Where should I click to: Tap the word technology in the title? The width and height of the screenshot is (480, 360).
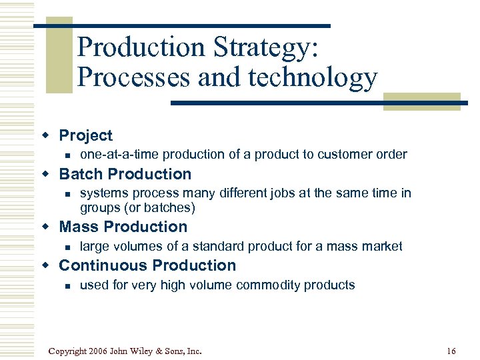click(x=313, y=78)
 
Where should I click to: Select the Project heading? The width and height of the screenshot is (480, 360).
click(x=85, y=135)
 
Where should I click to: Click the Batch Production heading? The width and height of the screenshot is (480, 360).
click(x=125, y=174)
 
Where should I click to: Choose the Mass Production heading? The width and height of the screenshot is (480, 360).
click(x=123, y=227)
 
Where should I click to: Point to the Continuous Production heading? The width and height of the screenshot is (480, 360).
click(x=147, y=265)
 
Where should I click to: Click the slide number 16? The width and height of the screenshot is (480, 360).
click(x=451, y=351)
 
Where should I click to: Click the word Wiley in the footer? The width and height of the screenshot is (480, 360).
click(x=147, y=351)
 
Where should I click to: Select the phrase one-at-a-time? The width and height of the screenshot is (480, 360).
click(x=119, y=155)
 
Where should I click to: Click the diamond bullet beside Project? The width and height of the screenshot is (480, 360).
click(x=46, y=135)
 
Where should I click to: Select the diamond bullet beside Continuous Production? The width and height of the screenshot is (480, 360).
click(x=46, y=265)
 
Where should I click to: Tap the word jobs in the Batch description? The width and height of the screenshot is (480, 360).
click(x=275, y=193)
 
